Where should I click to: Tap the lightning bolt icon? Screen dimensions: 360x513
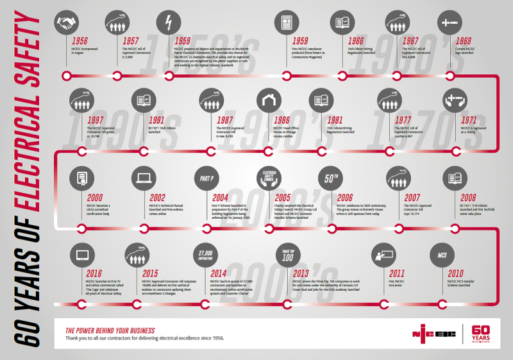coord(169,24)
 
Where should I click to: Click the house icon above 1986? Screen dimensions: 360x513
coord(269,100)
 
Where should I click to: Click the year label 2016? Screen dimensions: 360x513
coord(94,273)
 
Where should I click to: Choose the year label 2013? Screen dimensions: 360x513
coord(301,273)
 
